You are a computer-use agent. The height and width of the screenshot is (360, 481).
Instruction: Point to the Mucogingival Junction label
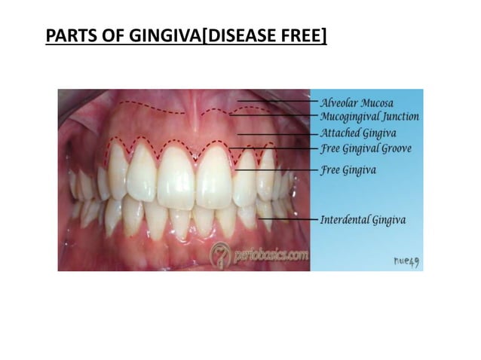click(369, 117)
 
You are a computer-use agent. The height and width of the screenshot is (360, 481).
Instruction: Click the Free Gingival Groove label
click(366, 148)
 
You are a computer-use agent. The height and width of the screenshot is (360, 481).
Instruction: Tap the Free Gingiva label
click(348, 170)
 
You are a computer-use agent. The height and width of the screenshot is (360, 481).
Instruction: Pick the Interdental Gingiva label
click(363, 220)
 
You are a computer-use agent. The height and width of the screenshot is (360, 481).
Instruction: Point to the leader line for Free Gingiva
click(275, 170)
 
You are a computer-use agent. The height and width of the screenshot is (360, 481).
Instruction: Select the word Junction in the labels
click(400, 117)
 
